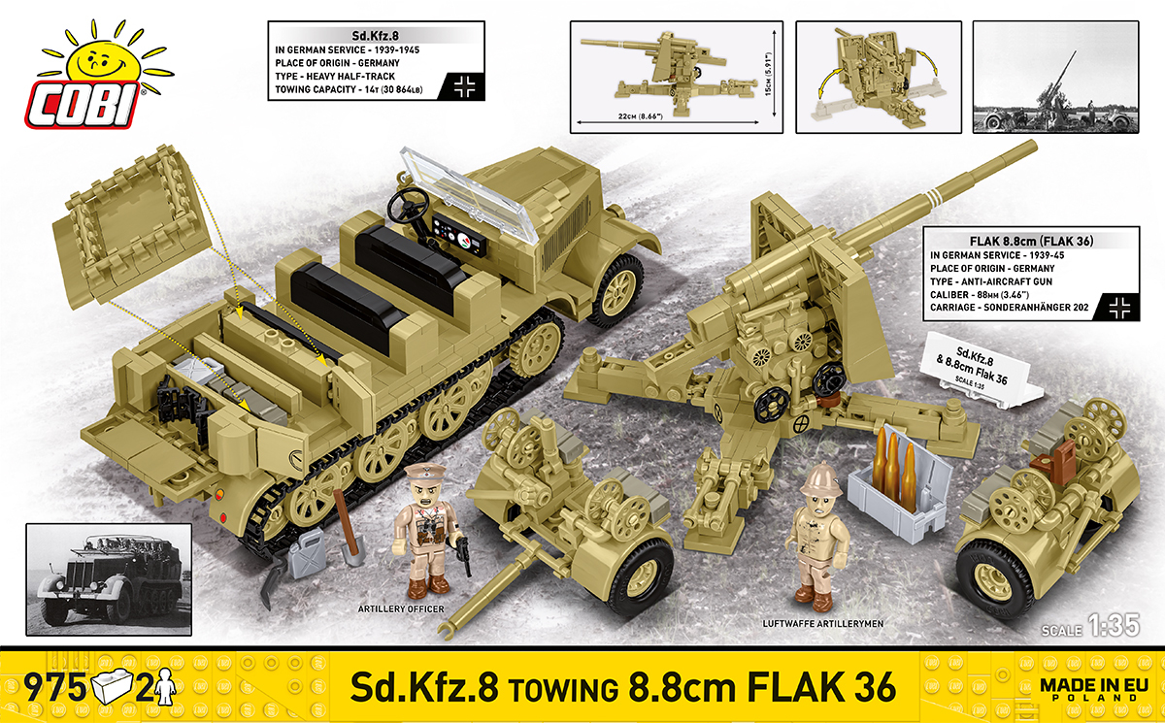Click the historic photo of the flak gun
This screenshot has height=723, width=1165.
(x=1055, y=78)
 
